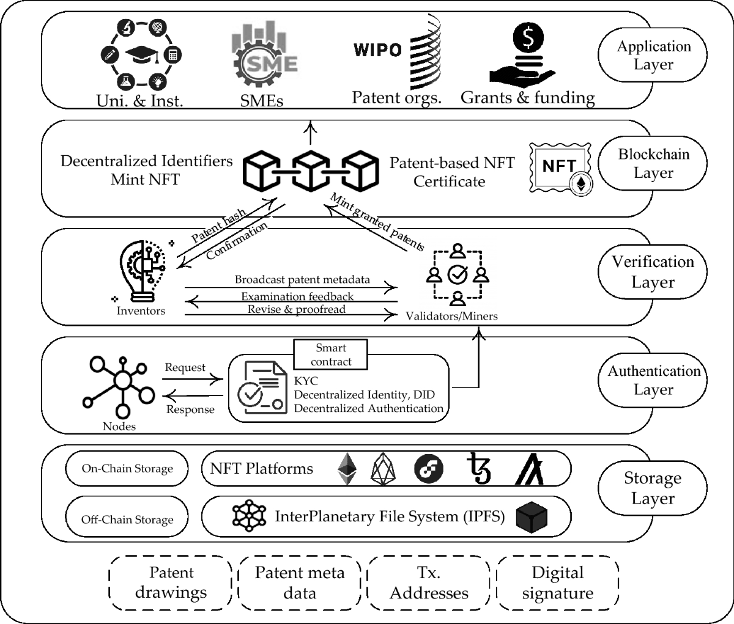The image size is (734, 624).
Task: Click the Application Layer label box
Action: pos(653,56)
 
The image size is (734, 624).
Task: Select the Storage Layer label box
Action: pos(653,488)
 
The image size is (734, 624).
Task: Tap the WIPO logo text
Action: pos(378,50)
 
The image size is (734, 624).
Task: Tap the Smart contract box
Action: pos(331,354)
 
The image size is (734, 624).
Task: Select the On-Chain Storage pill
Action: pos(127,469)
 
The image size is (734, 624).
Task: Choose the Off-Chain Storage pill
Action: pos(127,519)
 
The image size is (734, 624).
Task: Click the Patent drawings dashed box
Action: pos(171,583)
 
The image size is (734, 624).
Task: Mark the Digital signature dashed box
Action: pos(558,583)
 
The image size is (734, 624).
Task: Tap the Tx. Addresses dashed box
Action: pos(429,583)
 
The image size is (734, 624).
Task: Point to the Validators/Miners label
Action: pos(451,316)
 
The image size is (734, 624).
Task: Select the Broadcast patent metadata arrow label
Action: pos(302,279)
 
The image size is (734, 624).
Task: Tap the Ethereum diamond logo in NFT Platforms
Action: pos(347,469)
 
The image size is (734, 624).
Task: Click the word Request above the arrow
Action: pos(185,367)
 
